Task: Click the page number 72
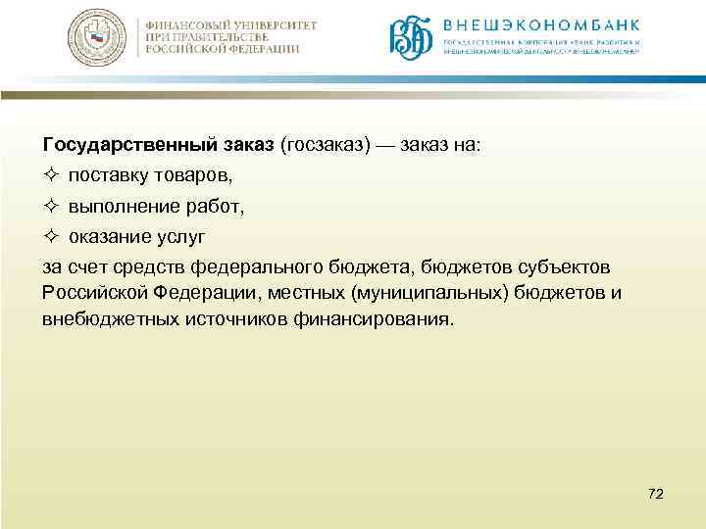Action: click(656, 494)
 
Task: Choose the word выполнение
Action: click(124, 207)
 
